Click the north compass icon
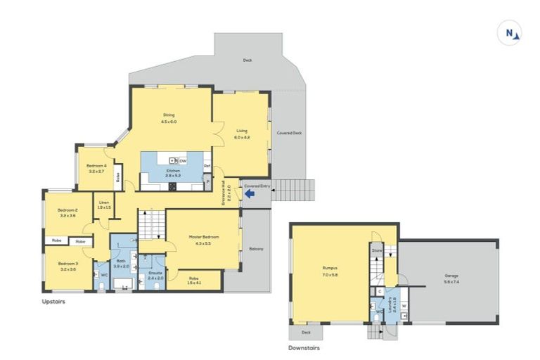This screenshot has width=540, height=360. [510, 33]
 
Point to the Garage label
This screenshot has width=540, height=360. [451, 275]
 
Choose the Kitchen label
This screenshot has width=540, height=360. [173, 171]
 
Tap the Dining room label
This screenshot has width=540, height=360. [169, 115]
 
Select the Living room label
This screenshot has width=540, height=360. [242, 131]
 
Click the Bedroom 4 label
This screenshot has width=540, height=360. [96, 166]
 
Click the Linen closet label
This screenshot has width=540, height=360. [104, 203]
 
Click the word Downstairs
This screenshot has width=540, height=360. [305, 347]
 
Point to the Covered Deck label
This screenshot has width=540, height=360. [288, 132]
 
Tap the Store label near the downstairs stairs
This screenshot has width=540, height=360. [376, 250]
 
